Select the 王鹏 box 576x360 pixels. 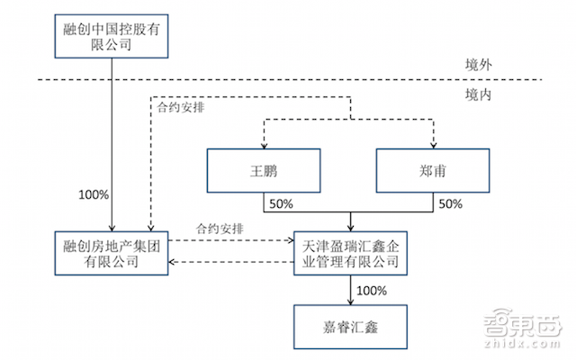coord(262,170)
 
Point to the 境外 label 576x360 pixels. coord(470,66)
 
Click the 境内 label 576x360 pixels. coord(470,94)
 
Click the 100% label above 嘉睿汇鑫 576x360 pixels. coord(371,290)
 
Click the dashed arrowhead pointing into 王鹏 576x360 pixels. coord(262,143)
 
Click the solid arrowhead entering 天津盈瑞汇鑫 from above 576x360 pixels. coord(348,227)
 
